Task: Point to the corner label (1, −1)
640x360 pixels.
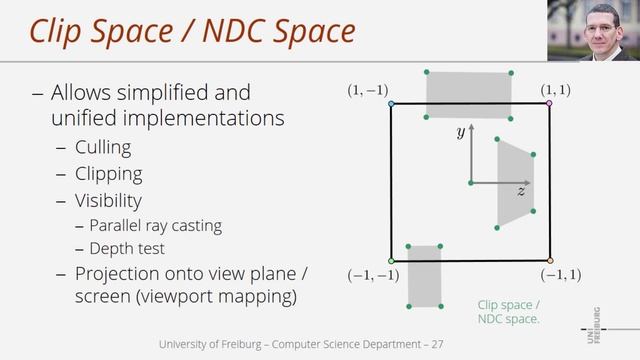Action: click(367, 91)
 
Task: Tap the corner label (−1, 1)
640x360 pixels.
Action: click(561, 273)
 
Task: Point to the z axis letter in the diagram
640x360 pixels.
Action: click(521, 190)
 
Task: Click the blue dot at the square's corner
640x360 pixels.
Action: click(391, 103)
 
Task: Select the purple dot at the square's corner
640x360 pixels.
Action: click(548, 103)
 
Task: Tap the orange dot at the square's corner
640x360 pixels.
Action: click(549, 262)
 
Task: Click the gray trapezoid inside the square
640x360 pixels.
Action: click(514, 185)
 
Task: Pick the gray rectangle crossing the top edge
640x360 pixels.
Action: click(469, 95)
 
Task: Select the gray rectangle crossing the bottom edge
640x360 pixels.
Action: click(424, 275)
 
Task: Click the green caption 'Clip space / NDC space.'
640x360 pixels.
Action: click(509, 312)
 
